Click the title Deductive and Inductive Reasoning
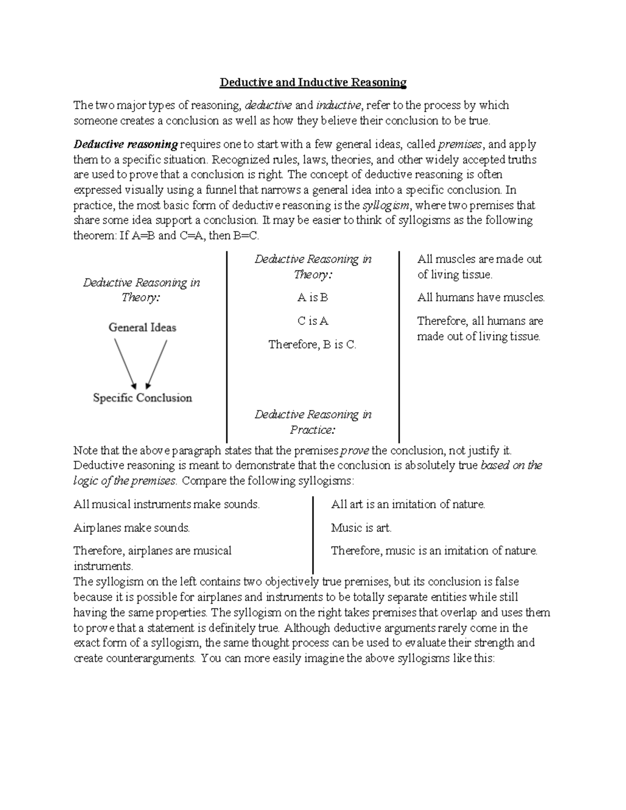click(312, 82)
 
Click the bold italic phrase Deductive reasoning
click(126, 144)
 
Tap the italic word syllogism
click(386, 205)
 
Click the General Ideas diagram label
click(142, 328)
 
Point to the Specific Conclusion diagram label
click(142, 398)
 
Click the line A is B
click(312, 298)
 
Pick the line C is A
click(312, 321)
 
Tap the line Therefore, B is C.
click(312, 344)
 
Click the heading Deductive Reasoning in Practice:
click(312, 422)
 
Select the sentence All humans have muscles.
click(480, 298)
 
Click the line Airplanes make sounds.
click(131, 528)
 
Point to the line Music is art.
click(361, 528)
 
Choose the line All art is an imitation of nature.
click(408, 504)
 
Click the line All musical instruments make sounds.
click(166, 504)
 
